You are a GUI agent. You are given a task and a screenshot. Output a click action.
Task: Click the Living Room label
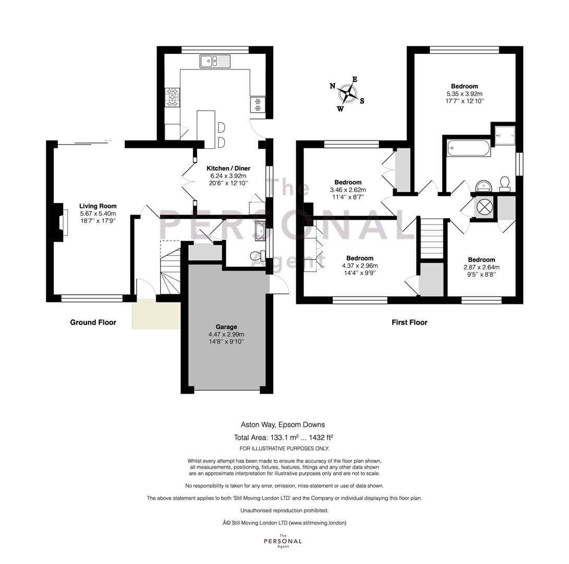(98, 206)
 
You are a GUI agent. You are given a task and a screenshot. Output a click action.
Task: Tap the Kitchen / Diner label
(228, 168)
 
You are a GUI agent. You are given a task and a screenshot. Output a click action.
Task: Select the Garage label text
(226, 327)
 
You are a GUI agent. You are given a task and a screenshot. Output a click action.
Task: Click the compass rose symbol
(347, 94)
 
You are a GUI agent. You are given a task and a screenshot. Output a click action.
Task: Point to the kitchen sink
(215, 61)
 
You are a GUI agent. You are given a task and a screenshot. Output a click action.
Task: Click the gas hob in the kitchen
(173, 97)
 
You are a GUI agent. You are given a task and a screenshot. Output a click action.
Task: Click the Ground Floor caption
(93, 322)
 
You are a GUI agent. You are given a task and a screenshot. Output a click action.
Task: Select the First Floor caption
(409, 322)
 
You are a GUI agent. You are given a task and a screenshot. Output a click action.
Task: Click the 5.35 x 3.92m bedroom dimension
(465, 93)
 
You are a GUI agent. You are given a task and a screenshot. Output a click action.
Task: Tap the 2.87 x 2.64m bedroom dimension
(481, 267)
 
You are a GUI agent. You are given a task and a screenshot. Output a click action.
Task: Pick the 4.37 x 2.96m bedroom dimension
(360, 266)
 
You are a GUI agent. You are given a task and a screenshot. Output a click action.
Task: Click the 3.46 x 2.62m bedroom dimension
(348, 190)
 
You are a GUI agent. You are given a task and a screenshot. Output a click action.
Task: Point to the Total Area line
(283, 437)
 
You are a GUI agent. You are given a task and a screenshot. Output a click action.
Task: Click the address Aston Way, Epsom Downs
(283, 425)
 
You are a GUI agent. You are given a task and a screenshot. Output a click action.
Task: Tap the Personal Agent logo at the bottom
(283, 540)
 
